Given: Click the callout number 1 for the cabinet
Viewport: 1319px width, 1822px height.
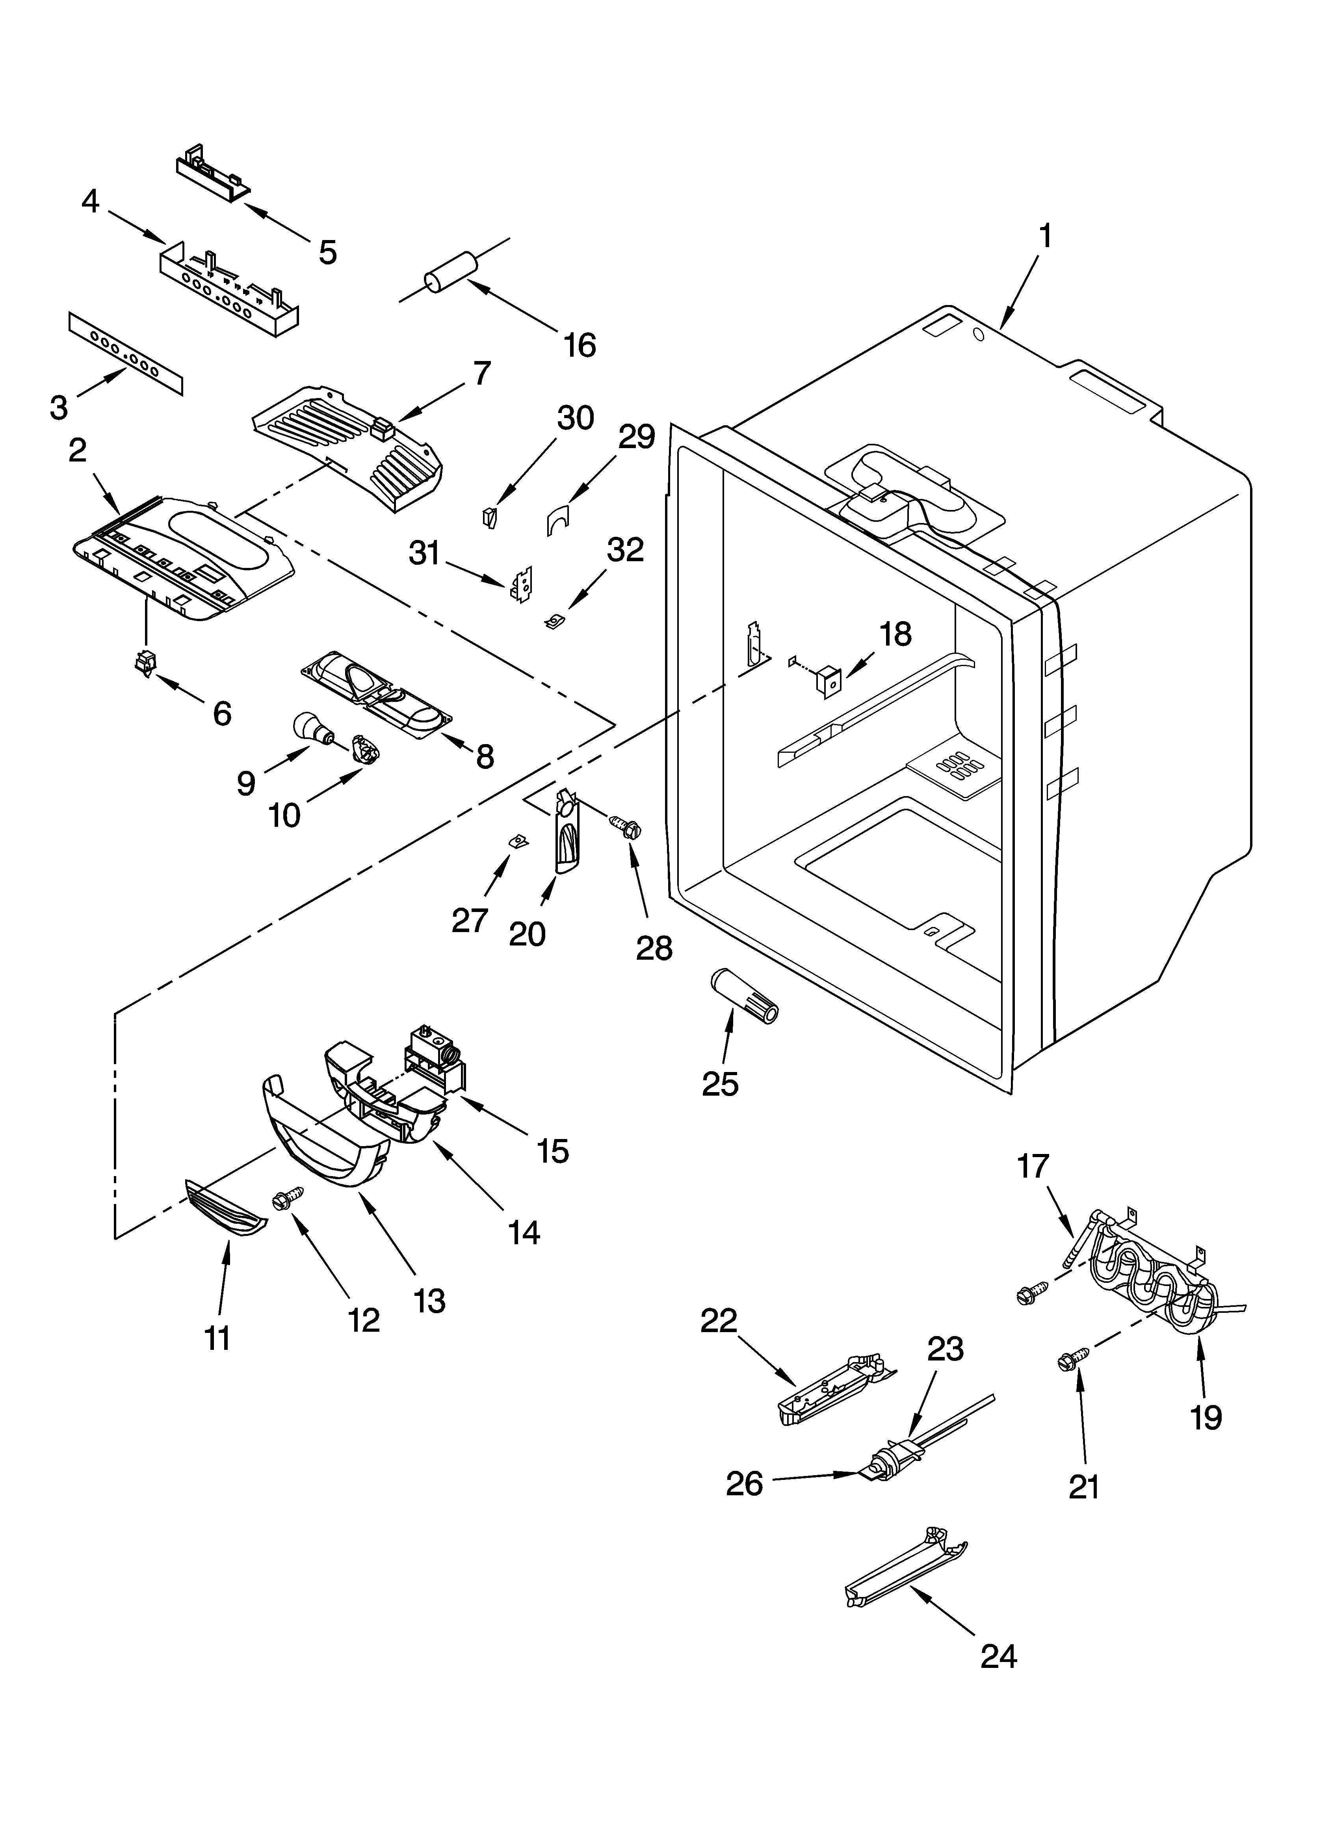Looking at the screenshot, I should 1044,237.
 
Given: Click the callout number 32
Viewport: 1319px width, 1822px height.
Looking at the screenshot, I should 625,550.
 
